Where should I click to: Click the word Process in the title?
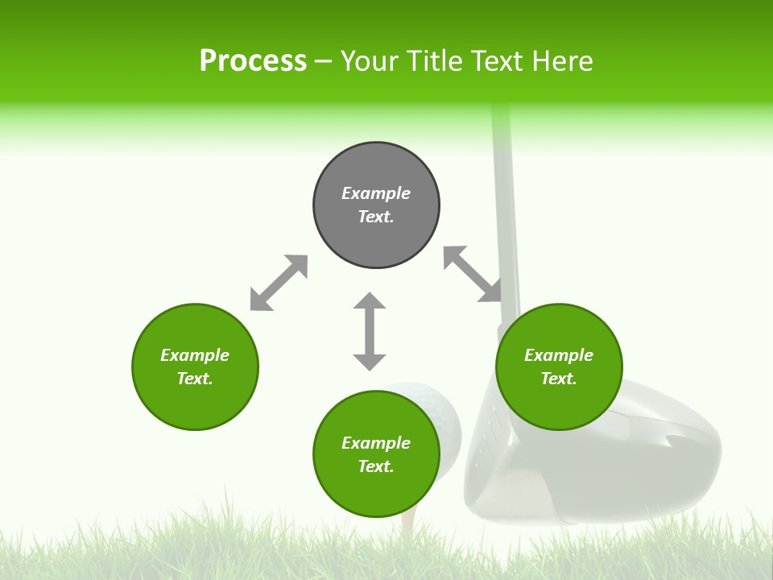tap(253, 61)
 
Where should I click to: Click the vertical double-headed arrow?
tap(370, 331)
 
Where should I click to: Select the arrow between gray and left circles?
tap(279, 283)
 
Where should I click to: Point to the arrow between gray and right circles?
tap(473, 274)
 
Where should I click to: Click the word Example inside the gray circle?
tap(376, 193)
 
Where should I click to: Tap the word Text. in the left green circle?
tap(195, 379)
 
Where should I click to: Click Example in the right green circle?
tap(559, 355)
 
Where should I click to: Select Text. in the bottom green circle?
tap(376, 466)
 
